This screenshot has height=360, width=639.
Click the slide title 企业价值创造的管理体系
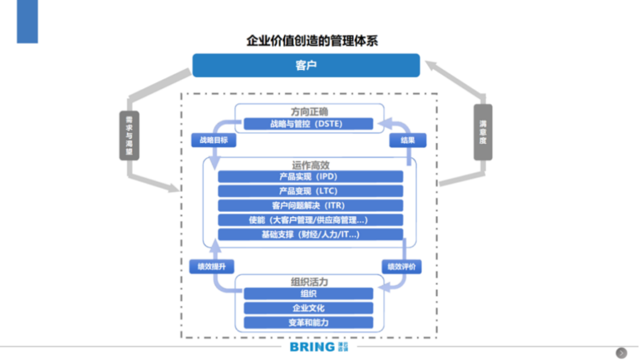(x=312, y=40)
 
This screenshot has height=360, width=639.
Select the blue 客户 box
(x=306, y=66)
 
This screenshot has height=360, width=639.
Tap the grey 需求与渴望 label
(x=129, y=135)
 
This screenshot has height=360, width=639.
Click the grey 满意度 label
(x=483, y=132)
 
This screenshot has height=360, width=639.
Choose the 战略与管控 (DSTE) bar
(x=308, y=124)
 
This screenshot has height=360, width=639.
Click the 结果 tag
(x=408, y=141)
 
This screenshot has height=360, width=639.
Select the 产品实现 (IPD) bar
(x=310, y=176)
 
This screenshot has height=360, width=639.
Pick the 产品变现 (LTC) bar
(x=310, y=191)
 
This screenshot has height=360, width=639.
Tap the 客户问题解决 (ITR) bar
(x=310, y=205)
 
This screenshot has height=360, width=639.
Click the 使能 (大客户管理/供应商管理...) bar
(x=310, y=220)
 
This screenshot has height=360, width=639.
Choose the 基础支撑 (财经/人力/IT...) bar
(x=310, y=234)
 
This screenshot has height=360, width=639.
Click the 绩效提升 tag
(x=208, y=266)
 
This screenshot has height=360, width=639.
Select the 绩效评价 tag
(x=402, y=266)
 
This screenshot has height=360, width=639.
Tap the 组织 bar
(x=308, y=294)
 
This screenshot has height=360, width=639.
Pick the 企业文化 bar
(x=308, y=308)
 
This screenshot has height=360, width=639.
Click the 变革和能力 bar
(x=308, y=323)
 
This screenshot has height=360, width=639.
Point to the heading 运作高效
(x=310, y=165)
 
